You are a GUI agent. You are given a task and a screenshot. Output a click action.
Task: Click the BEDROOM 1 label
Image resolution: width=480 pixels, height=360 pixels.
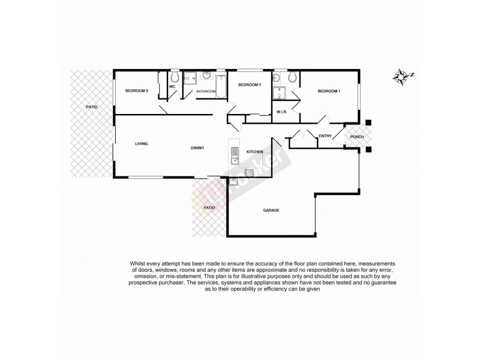pyautogui.click(x=329, y=91)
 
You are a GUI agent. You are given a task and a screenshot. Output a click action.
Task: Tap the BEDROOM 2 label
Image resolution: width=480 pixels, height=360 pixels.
pyautogui.click(x=250, y=85)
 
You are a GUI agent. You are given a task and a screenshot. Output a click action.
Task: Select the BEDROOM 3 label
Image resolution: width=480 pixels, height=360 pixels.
pyautogui.click(x=136, y=91)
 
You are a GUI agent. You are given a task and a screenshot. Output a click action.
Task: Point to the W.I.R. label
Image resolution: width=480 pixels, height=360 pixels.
pyautogui.click(x=283, y=112)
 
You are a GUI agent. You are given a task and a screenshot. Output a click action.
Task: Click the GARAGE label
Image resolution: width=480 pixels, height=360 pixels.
pyautogui.click(x=272, y=210)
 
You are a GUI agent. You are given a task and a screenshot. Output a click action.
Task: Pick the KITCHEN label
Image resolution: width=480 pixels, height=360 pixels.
pyautogui.click(x=255, y=152)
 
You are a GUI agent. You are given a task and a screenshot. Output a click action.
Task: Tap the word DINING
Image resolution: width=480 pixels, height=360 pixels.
pyautogui.click(x=197, y=148)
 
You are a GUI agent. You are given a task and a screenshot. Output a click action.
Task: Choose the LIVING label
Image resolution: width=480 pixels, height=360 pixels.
pyautogui.click(x=142, y=143)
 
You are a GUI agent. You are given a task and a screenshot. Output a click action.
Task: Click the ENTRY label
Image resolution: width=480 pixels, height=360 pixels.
pyautogui.click(x=325, y=136)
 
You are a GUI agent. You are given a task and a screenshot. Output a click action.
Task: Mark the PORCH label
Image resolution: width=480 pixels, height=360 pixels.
pyautogui.click(x=358, y=136)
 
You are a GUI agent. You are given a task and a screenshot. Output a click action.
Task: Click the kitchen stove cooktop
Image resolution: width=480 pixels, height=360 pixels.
pyautogui.click(x=250, y=173)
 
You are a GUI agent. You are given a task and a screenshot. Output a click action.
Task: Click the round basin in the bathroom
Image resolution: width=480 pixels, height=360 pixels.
pyautogui.click(x=206, y=76)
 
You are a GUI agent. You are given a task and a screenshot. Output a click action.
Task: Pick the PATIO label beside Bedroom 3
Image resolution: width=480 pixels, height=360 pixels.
pyautogui.click(x=91, y=107)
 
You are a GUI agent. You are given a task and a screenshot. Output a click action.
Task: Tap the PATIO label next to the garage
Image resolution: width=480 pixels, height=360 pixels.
pyautogui.click(x=209, y=208)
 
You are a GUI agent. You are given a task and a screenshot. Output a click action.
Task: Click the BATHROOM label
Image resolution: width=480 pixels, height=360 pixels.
pyautogui.click(x=206, y=91)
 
